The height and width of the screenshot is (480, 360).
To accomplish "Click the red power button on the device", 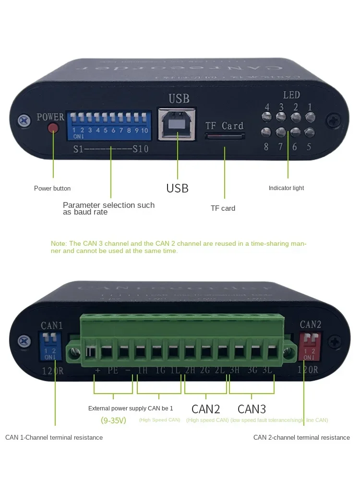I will (53, 128).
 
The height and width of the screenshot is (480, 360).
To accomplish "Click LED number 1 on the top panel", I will (310, 117).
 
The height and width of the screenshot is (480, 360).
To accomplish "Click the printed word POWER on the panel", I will (50, 117).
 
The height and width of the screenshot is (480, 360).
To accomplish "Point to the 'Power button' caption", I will (52, 188).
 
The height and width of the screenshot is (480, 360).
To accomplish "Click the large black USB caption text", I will (177, 188).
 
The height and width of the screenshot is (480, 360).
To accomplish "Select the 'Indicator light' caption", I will (286, 188).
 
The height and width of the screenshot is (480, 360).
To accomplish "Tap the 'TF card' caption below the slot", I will (223, 208).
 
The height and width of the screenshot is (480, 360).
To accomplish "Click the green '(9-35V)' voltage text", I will (113, 420).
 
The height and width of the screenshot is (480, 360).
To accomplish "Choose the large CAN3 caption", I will (252, 409).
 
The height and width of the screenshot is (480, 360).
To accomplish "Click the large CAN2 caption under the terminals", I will (205, 409).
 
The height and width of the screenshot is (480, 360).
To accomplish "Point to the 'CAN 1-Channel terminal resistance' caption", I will (54, 437).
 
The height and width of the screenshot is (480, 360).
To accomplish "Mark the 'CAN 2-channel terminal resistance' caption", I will (301, 437).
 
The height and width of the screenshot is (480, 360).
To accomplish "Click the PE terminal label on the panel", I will (112, 371).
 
